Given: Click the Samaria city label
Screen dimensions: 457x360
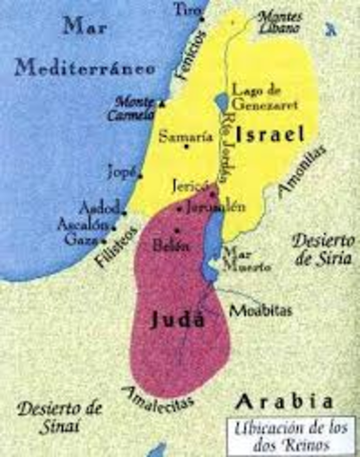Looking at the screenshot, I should click(x=180, y=135).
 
